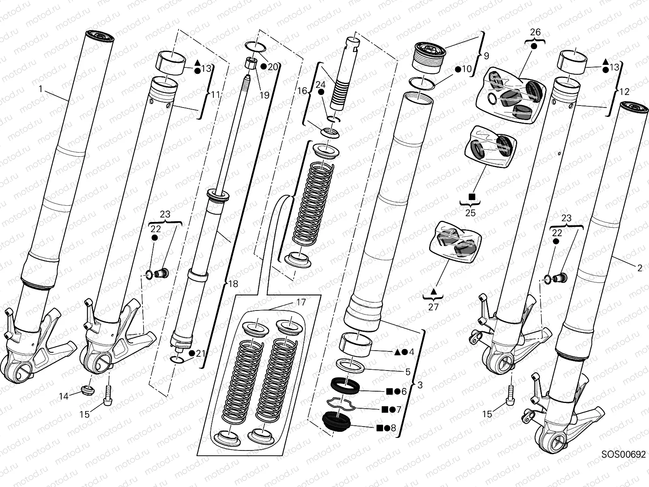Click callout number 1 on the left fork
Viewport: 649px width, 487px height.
(41, 88)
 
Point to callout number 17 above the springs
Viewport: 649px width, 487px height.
(301, 302)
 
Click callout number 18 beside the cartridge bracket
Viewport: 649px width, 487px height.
(233, 284)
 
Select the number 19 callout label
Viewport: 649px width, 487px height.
(264, 95)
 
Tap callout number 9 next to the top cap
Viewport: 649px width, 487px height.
(486, 55)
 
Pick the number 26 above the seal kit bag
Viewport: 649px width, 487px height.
(535, 32)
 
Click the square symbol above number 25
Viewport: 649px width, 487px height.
(472, 196)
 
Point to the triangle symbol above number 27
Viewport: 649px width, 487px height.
(433, 291)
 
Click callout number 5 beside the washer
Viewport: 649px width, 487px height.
(408, 372)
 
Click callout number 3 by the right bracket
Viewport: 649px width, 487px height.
(420, 385)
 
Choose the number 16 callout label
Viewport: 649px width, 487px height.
(303, 91)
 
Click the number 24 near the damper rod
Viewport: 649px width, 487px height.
(320, 84)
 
